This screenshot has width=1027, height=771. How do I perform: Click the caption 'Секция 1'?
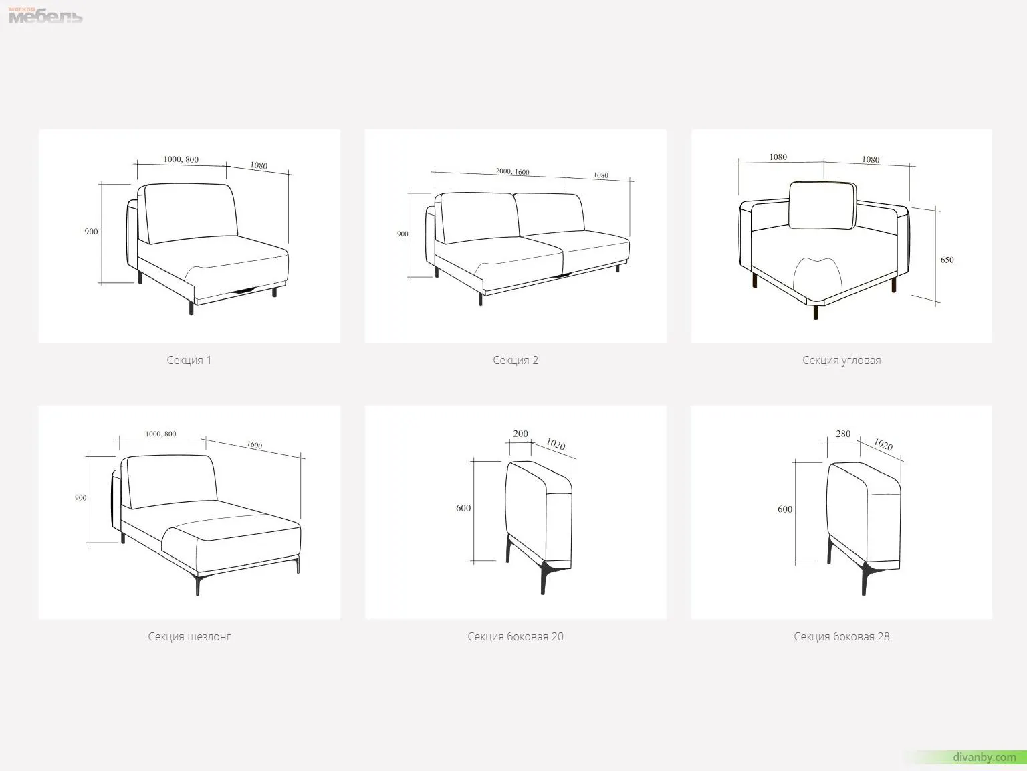(x=189, y=361)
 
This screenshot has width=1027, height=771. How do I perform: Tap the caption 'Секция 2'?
(x=516, y=361)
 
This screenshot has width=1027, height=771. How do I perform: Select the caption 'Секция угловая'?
(x=841, y=361)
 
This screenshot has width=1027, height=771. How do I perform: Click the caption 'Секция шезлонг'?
(x=189, y=636)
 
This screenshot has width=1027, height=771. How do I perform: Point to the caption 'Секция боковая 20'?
(x=516, y=636)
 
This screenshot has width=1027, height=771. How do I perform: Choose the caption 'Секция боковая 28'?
(x=842, y=636)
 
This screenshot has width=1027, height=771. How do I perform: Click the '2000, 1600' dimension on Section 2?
(x=512, y=172)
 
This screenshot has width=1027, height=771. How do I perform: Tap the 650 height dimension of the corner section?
(x=947, y=260)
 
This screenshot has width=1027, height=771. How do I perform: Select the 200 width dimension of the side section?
(x=520, y=434)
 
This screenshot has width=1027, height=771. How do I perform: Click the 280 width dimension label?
(x=843, y=434)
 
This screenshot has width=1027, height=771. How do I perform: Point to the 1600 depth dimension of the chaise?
(x=255, y=444)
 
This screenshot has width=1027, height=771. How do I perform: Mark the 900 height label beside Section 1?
(x=91, y=232)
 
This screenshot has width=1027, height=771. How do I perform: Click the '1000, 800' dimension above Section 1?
(x=181, y=159)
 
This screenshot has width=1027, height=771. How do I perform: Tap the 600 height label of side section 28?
(x=785, y=509)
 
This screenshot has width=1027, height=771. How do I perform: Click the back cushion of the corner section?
(x=823, y=205)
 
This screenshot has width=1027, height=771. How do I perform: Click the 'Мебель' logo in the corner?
(x=45, y=16)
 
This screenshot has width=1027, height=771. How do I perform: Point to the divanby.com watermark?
(x=984, y=757)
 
